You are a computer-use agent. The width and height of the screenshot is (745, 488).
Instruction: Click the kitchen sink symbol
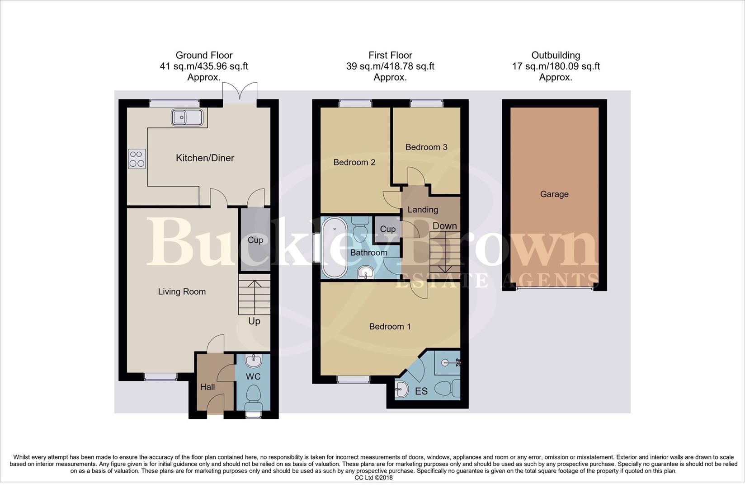click(187, 117)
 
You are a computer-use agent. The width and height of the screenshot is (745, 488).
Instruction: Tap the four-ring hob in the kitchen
click(137, 159)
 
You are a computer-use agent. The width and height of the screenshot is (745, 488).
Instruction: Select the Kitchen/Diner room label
click(205, 158)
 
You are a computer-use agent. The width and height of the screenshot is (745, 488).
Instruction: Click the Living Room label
click(182, 292)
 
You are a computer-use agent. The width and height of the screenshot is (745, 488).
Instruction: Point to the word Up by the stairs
click(254, 321)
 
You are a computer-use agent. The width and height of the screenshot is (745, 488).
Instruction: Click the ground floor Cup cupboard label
click(255, 240)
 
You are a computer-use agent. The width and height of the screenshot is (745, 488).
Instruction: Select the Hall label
click(207, 387)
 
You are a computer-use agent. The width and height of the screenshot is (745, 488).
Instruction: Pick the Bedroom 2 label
click(354, 162)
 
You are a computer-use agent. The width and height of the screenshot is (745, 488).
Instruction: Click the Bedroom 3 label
click(426, 147)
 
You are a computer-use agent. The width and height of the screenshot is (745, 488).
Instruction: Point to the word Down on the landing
click(445, 226)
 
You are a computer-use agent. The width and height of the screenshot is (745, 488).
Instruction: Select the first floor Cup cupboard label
click(387, 229)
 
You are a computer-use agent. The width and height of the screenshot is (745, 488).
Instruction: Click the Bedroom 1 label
click(390, 326)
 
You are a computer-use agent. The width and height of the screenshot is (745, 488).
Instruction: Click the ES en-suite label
click(421, 391)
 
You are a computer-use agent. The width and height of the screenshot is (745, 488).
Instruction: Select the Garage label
click(554, 194)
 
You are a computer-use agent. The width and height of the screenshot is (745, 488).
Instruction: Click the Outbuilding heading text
click(556, 56)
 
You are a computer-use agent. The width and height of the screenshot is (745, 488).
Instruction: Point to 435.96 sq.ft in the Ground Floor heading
click(221, 66)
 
